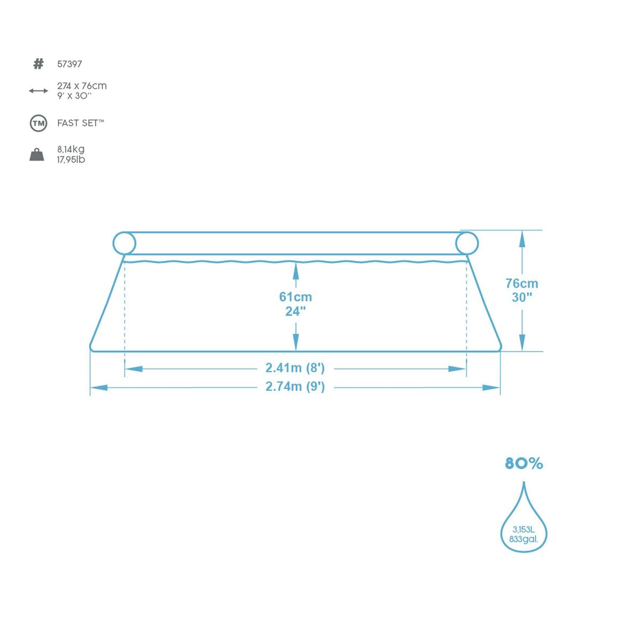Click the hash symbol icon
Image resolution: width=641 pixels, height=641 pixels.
click(38, 64)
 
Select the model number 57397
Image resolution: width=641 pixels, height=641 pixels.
click(69, 64)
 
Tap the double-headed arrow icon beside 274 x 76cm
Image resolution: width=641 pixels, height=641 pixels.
click(38, 91)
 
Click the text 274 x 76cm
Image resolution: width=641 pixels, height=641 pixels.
click(82, 86)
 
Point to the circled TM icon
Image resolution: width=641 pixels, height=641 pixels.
click(38, 124)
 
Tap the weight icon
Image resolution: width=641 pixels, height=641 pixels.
click(37, 155)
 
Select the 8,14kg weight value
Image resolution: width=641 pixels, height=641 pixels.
click(71, 149)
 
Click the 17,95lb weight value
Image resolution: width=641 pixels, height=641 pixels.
click(71, 160)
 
